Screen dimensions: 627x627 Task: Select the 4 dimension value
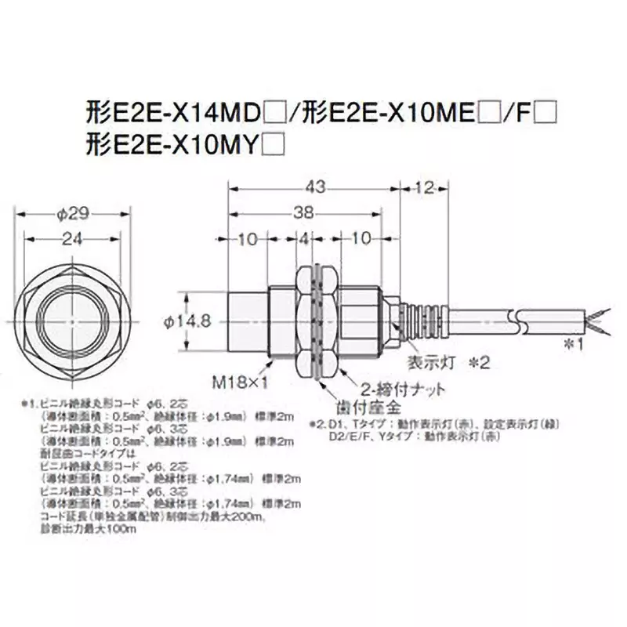point(306,240)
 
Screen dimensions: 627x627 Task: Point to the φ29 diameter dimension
point(71,212)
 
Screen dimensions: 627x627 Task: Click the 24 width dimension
point(71,241)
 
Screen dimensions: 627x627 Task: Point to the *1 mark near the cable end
point(574,343)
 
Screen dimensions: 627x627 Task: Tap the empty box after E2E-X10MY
point(274,144)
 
